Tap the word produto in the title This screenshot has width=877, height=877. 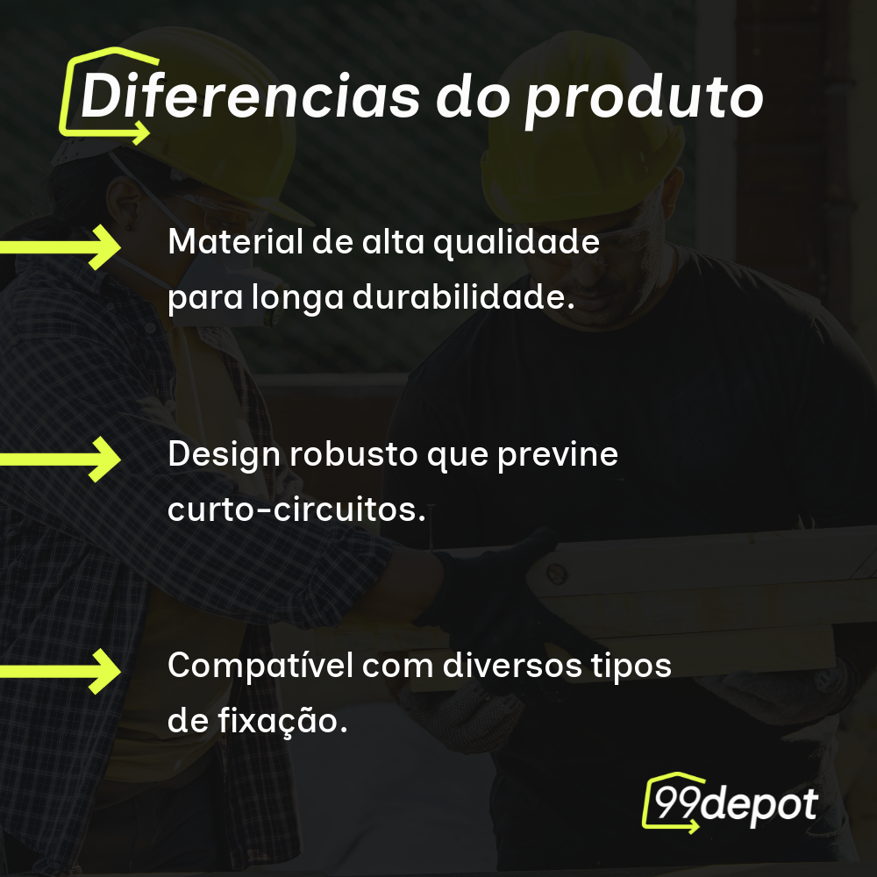(x=644, y=98)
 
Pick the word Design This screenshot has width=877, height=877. (x=220, y=455)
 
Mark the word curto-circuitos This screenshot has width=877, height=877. (x=296, y=510)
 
